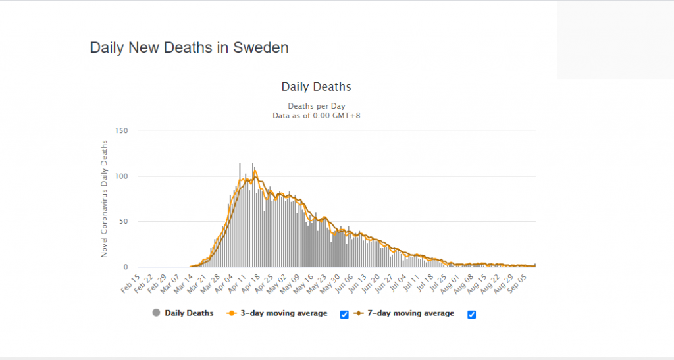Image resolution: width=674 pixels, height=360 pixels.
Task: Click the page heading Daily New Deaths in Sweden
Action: point(189,48)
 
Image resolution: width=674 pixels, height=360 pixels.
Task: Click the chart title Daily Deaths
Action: point(316,87)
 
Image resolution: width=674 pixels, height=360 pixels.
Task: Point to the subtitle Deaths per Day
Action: point(316,106)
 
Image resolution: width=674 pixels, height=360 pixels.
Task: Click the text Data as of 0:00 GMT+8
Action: point(316,116)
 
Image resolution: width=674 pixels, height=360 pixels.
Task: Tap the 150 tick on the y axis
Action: point(121,130)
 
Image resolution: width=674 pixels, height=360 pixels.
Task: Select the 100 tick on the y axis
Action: point(121,176)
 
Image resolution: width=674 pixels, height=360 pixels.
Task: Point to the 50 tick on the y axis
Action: point(123,221)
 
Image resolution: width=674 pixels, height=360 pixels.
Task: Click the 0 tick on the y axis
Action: point(125,267)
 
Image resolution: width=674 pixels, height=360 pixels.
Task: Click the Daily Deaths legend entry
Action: point(188,313)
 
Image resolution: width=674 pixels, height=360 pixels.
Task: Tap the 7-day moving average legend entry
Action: point(408,313)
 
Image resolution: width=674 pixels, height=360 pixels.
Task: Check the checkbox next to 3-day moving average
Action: point(344,315)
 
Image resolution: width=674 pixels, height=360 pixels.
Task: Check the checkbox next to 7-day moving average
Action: point(471,315)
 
